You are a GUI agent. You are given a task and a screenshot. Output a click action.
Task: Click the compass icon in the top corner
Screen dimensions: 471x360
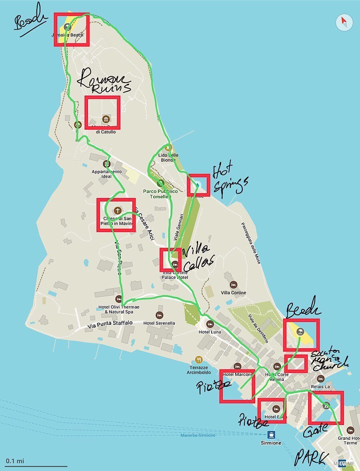pyautogui.click(x=344, y=22)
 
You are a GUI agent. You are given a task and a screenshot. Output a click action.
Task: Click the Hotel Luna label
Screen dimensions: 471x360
pyautogui.click(x=210, y=332)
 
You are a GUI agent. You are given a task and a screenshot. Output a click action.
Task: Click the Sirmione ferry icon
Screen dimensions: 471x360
pyautogui.click(x=271, y=435)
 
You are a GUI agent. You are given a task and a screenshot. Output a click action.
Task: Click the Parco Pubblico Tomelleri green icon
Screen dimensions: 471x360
pyautogui.click(x=160, y=183)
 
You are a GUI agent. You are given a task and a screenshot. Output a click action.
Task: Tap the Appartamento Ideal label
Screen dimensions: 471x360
pyautogui.click(x=106, y=174)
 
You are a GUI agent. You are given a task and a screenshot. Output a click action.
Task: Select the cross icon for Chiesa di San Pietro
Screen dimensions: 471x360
pyautogui.click(x=118, y=210)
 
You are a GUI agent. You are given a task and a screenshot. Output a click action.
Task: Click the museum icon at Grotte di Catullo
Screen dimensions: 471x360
pyautogui.click(x=106, y=119)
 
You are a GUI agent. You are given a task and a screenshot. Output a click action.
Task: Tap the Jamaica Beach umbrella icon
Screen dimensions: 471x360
pyautogui.click(x=67, y=27)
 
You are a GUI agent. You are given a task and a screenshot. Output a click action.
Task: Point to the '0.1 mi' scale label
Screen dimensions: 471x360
pyautogui.click(x=15, y=461)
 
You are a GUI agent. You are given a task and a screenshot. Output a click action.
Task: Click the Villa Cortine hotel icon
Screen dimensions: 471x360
pyautogui.click(x=234, y=285)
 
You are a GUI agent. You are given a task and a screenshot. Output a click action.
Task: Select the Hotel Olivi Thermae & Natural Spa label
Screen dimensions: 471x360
pyautogui.click(x=119, y=309)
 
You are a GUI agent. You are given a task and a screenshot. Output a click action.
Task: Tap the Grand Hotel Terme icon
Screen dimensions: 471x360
pyautogui.click(x=350, y=430)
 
